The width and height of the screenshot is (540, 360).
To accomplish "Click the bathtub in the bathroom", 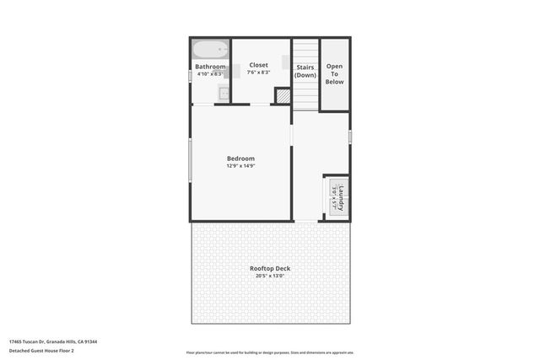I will (209, 49).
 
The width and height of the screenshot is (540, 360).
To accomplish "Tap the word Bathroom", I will (210, 67).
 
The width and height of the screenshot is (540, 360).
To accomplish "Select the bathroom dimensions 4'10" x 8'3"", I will (210, 74).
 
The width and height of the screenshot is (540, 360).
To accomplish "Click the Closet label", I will (258, 65).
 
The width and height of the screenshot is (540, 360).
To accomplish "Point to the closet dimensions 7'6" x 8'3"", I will (258, 73).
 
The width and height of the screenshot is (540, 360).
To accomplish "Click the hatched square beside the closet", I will (283, 96).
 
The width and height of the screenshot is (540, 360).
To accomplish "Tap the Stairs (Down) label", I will (305, 71).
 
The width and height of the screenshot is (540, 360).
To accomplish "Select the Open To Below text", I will (335, 74).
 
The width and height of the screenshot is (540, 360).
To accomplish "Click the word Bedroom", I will (240, 159).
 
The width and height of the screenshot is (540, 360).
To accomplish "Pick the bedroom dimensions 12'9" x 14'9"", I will (240, 166).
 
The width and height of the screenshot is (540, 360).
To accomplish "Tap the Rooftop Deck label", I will (270, 268).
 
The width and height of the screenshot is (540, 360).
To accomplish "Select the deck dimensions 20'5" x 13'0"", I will (270, 276).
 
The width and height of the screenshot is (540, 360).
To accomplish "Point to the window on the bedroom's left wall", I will (190, 159).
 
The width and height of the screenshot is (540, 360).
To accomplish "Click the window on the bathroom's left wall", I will (190, 76).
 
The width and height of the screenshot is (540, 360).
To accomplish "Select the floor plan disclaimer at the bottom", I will (270, 352).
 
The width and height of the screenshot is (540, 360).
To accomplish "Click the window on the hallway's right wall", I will (350, 136).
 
